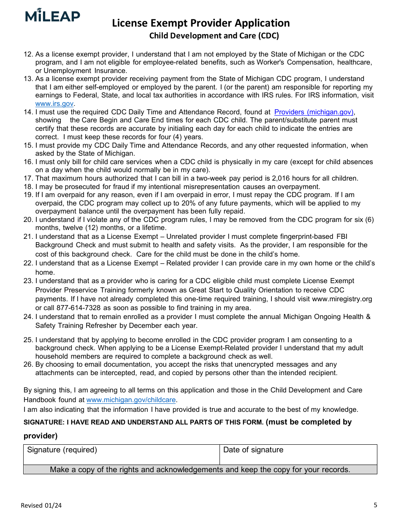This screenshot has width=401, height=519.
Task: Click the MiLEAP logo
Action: click(52, 16)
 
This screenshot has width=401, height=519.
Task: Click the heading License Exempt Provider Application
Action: click(200, 23)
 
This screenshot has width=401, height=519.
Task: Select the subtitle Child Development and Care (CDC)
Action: click(214, 36)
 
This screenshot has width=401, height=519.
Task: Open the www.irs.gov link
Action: click(54, 103)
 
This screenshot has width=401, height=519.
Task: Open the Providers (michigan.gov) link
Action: click(314, 112)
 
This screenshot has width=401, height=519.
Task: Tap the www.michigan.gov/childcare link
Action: click(132, 400)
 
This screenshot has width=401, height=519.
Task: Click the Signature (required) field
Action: click(122, 455)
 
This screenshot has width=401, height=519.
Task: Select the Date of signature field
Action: click(298, 455)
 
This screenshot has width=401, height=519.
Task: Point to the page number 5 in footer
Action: click(375, 505)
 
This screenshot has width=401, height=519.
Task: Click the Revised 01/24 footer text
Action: click(41, 505)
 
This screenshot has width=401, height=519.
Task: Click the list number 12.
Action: click(28, 54)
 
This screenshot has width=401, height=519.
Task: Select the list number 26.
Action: click(28, 365)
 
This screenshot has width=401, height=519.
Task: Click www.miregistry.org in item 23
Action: click(342, 299)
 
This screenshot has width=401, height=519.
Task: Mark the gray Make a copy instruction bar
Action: click(200, 470)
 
